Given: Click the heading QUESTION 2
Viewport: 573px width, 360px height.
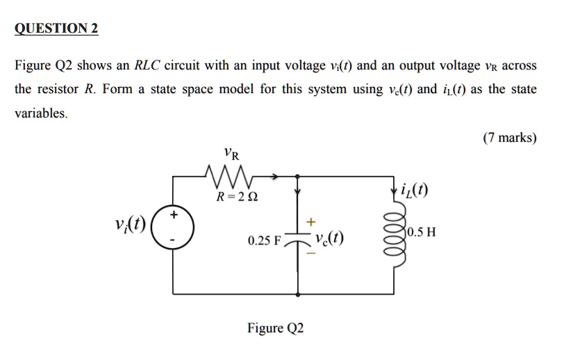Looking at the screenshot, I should click(57, 28).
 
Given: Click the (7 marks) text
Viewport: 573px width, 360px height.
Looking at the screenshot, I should click(510, 138).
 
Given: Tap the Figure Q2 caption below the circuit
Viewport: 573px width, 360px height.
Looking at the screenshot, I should click(276, 328).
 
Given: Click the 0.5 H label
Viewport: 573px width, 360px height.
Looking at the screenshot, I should click(422, 232).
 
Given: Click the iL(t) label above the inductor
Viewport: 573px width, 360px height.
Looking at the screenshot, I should click(415, 189).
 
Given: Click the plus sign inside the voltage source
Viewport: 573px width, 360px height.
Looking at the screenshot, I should click(174, 216).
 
